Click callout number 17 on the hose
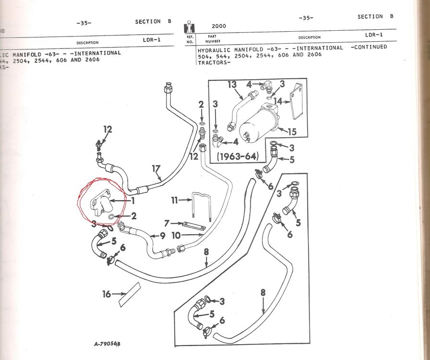tap(155, 169)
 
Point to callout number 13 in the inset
tap(232, 85)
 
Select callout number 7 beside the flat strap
tap(167, 223)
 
